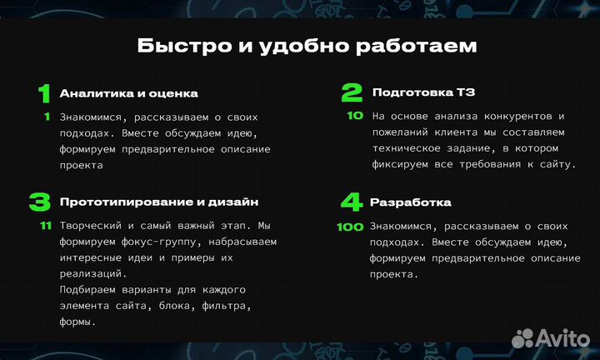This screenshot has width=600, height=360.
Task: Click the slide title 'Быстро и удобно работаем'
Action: coord(307,45)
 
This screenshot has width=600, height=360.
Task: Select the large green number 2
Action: coord(352,92)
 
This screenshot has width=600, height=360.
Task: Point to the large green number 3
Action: coord(40,202)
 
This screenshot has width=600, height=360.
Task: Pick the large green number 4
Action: coord(352,202)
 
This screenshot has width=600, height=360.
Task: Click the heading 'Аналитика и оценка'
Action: coord(128,93)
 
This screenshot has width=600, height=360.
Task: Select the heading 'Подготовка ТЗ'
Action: coord(423,93)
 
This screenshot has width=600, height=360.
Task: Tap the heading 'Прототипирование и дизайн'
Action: coord(159,202)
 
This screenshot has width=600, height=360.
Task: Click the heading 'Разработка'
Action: coord(411,202)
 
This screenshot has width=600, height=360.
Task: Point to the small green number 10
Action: coord(355,117)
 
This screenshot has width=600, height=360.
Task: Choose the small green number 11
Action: coord(46,226)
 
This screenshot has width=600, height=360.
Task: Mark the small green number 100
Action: coord(350,227)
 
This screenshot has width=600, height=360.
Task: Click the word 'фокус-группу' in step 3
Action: coord(161,242)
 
